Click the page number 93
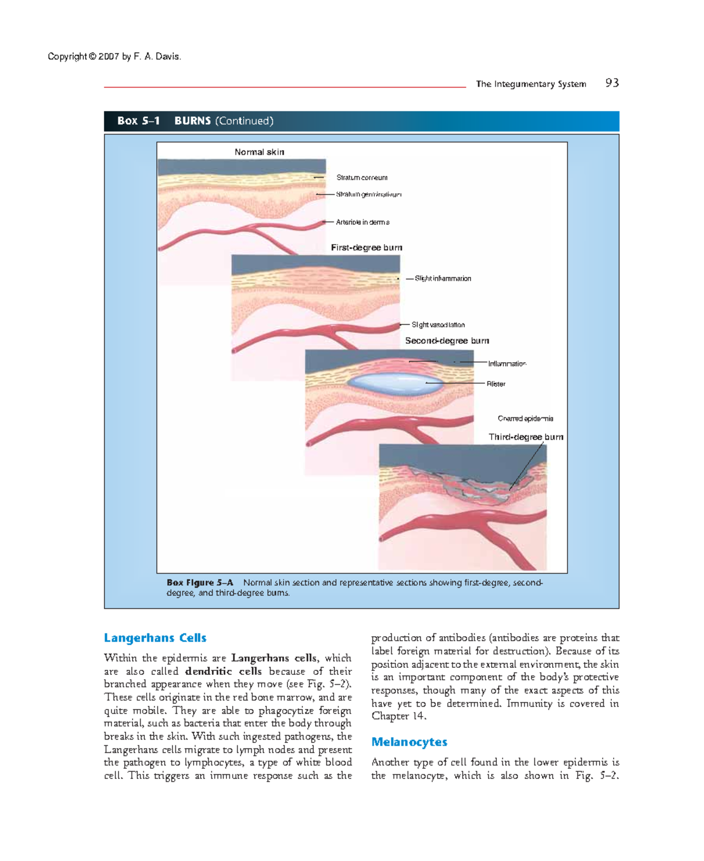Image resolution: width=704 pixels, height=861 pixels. tap(612, 83)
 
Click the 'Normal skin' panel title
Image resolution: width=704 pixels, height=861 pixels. tap(259, 152)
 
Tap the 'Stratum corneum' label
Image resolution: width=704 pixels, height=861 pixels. tap(361, 178)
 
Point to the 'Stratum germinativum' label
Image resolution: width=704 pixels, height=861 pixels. tap(368, 194)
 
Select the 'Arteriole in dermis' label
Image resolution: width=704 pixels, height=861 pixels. tap(363, 222)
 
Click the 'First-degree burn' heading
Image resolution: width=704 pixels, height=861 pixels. tap(366, 248)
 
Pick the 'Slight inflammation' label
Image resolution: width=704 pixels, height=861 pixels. tap(442, 279)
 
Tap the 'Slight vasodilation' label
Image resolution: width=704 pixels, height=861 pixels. tap(438, 325)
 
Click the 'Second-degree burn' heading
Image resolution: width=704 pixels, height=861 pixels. tap(446, 341)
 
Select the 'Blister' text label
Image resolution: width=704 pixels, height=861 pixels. tap(496, 384)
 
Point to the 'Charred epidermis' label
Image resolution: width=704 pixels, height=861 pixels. tap(525, 419)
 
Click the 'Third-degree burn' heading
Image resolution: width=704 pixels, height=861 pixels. tap(526, 437)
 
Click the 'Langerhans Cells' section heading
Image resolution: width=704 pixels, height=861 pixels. tap(155, 638)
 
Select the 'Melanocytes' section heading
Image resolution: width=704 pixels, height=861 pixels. tap(409, 742)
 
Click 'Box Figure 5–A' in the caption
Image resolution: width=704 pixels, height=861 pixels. tap(199, 583)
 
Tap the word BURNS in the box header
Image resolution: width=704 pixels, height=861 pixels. tap(192, 121)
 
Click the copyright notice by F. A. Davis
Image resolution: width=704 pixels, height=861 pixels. tap(114, 57)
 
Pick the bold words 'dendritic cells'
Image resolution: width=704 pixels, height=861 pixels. tap(223, 671)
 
